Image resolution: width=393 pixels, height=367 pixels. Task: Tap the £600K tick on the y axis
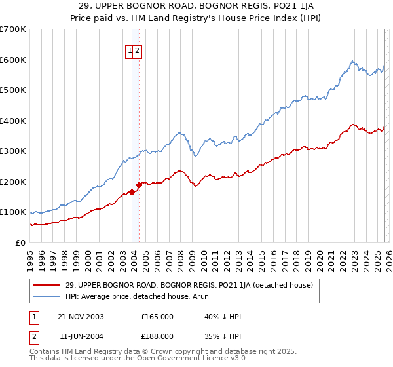(13, 60)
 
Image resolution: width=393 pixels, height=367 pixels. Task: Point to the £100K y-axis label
(13, 212)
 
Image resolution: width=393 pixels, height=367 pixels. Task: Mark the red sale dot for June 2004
(139, 185)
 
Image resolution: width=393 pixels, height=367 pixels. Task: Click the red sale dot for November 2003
(132, 192)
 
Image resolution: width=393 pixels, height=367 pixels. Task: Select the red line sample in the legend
(47, 285)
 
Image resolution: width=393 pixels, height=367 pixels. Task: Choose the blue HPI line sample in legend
(47, 296)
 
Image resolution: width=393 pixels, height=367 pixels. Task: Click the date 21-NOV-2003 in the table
(81, 317)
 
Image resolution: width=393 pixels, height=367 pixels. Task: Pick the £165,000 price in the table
(157, 317)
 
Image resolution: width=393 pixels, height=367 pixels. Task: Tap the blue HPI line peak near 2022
(352, 61)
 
